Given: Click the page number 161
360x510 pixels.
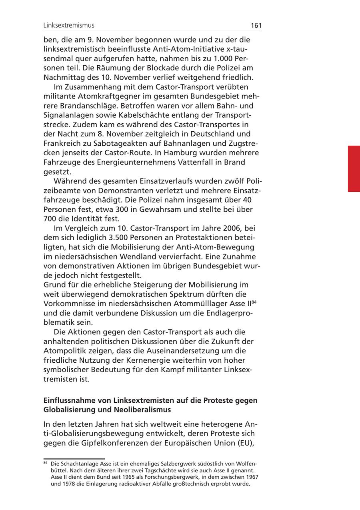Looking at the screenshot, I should [256, 25].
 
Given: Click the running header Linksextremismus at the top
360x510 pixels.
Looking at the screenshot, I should [69, 25].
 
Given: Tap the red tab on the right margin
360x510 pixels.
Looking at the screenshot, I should [354, 169].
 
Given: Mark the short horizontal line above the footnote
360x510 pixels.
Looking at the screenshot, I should [74, 459].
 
